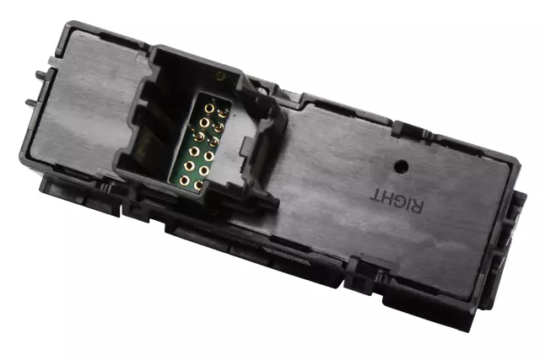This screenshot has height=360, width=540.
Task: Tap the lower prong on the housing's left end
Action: [31, 102]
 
